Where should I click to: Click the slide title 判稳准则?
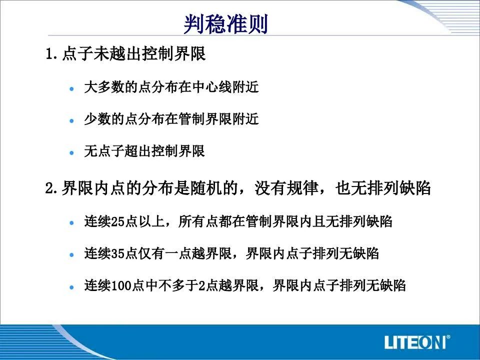coord(226,24)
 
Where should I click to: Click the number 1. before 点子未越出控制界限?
coord(51,54)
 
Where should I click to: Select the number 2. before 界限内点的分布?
coord(51,187)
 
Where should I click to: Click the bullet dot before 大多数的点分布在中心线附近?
coord(72,89)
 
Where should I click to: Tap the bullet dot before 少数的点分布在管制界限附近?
coord(72,121)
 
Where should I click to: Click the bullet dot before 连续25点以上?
coord(72,223)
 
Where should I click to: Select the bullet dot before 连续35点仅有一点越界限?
coord(72,254)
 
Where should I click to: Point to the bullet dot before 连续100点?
coord(72,287)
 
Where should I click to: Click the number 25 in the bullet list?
coord(117,221)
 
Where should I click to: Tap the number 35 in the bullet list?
coord(117,253)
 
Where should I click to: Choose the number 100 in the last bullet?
coord(121,285)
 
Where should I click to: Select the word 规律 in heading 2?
coord(302,187)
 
